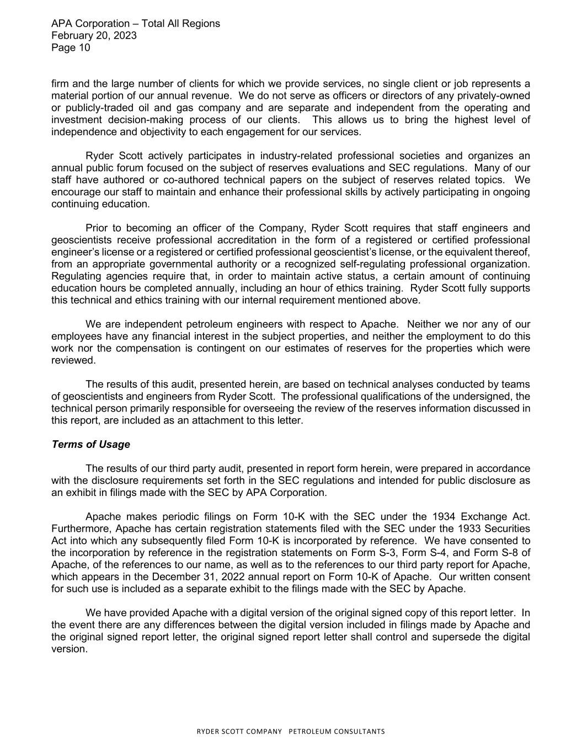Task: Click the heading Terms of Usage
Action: coord(90,445)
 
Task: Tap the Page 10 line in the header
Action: coord(71,47)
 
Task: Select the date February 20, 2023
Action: coord(94,35)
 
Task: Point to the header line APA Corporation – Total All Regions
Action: coord(135,23)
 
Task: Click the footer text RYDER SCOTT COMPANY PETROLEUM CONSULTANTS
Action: coord(291,731)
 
